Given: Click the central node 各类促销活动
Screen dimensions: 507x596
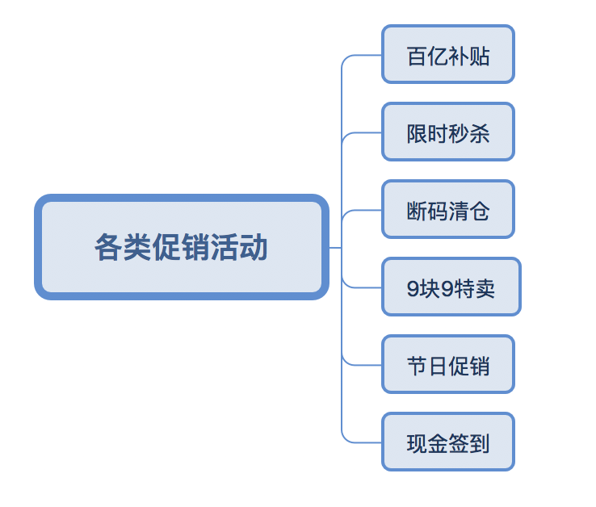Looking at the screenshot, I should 181,247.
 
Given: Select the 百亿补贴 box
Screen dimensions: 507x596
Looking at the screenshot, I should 447,54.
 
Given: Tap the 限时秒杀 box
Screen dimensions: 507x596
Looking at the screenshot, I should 447,132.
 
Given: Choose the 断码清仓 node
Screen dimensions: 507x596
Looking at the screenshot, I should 447,209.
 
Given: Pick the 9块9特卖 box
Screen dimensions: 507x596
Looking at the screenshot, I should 451,287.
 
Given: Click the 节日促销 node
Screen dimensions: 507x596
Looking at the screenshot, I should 447,364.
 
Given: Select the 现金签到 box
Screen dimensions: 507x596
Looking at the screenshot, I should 447,442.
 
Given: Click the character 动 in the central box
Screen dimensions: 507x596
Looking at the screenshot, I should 254,247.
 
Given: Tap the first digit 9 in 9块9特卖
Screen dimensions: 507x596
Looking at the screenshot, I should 413,288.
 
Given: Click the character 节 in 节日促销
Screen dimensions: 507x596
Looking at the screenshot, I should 417,366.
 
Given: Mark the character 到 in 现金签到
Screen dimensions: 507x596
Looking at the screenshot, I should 480,443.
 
